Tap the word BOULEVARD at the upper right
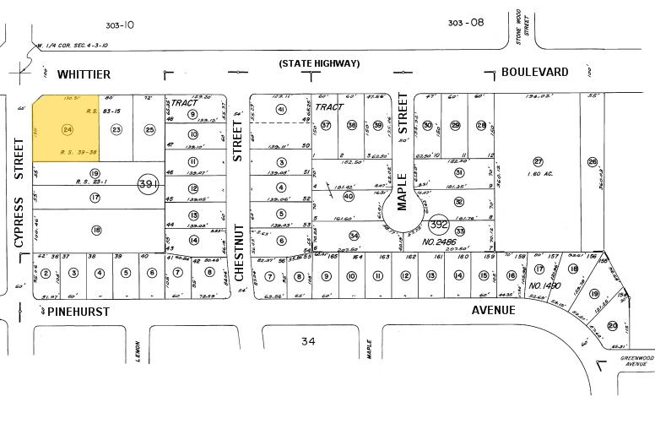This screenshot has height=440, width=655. coord(534,73)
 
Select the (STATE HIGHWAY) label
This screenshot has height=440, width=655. coord(320,63)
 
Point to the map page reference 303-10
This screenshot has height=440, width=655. coord(122,24)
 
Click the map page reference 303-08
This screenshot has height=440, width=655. coord(466,23)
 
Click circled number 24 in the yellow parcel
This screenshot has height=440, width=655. coord(67,129)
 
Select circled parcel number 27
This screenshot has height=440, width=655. coord(538,161)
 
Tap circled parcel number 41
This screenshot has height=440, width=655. coord(281,110)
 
